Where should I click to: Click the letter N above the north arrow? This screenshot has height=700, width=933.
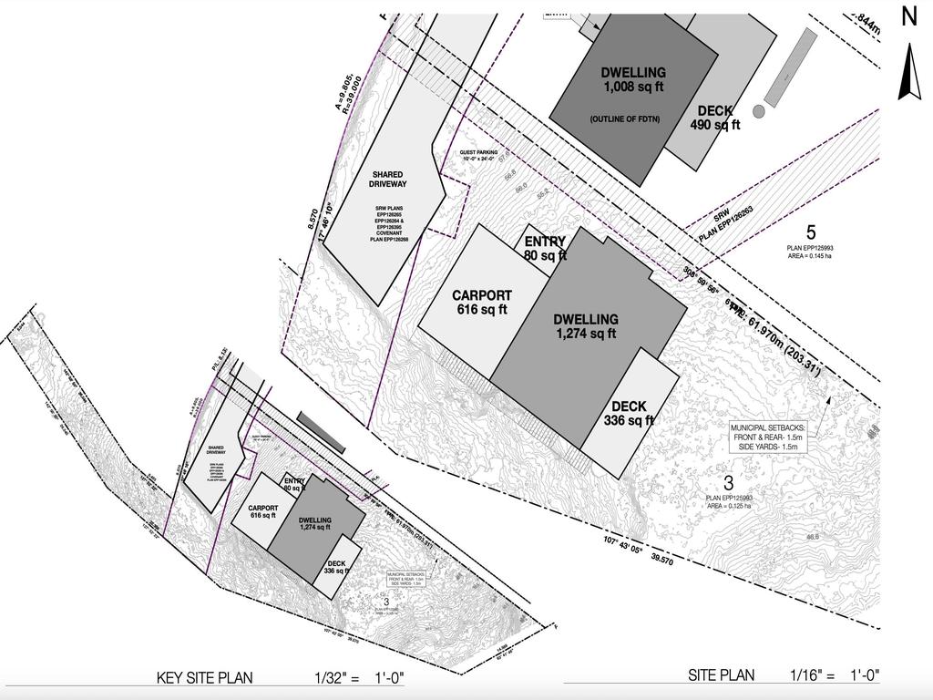point(908,16)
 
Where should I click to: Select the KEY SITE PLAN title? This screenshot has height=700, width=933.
point(205,677)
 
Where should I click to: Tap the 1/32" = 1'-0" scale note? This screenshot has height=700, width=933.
point(358,677)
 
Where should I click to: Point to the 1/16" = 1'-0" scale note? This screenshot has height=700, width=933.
point(835,675)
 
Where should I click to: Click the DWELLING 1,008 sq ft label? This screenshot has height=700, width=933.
point(633,80)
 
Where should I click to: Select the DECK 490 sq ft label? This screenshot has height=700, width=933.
point(715,118)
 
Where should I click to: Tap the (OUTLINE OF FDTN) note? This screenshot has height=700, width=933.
point(626,119)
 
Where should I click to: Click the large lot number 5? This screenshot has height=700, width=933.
point(811,232)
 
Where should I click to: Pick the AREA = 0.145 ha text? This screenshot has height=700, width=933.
point(810,256)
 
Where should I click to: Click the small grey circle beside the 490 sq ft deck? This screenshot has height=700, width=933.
point(758,111)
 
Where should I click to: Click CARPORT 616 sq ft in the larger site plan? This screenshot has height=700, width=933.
point(482,303)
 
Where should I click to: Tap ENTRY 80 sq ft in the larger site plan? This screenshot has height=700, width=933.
point(545,249)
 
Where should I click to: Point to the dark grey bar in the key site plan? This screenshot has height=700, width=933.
point(321,432)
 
